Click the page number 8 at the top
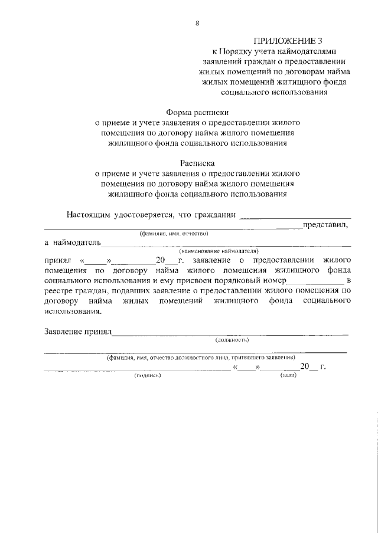[x=197, y=23]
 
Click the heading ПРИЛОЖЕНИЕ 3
[x=283, y=41]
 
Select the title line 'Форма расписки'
[x=197, y=112]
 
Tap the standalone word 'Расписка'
[x=197, y=163]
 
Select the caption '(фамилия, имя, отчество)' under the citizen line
[x=175, y=233]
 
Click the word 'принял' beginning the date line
[x=57, y=260]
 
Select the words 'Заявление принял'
[x=78, y=331]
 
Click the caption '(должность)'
[x=232, y=339]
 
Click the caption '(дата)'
[x=288, y=375]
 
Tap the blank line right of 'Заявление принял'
[x=230, y=334]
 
